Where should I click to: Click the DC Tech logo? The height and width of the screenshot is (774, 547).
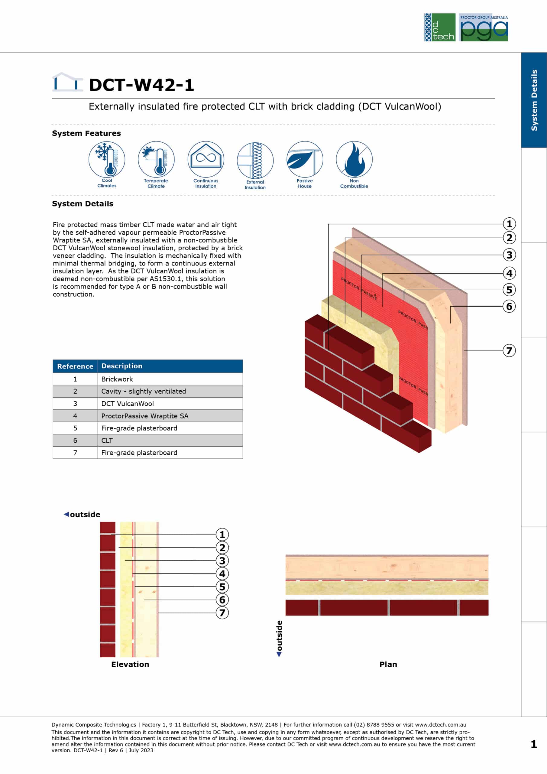point(440,27)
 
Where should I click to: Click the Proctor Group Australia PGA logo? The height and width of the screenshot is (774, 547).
point(483,27)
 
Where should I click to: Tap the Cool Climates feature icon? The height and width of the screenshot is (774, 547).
point(107,159)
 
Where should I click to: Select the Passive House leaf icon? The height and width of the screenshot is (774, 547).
point(305,159)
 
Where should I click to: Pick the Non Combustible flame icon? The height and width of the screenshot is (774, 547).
point(354,159)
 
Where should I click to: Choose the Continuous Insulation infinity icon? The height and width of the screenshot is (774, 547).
point(206,159)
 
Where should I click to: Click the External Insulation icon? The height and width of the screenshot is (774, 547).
point(255,160)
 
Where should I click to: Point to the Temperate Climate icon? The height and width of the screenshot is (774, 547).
point(156,159)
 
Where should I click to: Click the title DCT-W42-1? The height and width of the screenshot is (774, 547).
point(141,85)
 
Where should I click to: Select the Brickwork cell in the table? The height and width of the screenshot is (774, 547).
point(170,379)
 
